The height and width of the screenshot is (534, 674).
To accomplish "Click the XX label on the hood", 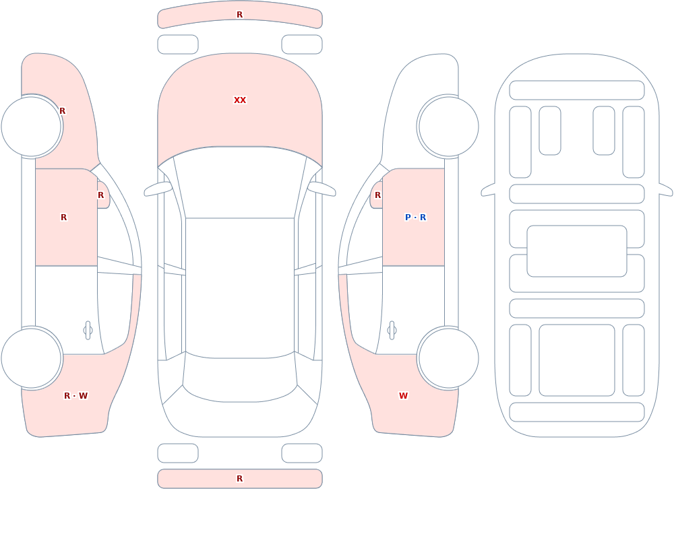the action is (240, 100).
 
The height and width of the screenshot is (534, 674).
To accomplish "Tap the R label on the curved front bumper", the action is (240, 15).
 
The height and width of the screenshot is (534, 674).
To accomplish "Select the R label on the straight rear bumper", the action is (240, 479).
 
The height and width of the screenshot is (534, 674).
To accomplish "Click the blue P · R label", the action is (416, 218).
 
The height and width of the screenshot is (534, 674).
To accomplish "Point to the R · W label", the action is (75, 396).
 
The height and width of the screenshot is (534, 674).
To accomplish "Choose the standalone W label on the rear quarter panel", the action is (403, 396).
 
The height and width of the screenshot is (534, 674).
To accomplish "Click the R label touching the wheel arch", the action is (62, 111).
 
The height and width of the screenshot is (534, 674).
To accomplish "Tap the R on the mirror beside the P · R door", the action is (378, 195).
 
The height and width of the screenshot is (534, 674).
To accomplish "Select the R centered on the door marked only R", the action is (63, 218).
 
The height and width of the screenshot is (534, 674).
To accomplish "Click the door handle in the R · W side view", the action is (88, 331).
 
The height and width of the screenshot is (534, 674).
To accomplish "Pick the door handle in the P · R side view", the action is (392, 331).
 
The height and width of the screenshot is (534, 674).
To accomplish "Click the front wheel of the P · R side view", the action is (448, 127).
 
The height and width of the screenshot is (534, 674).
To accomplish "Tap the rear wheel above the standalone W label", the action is (448, 358).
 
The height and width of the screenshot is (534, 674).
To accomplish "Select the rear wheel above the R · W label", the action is (32, 358).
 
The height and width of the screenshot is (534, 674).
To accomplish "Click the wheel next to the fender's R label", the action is (32, 127).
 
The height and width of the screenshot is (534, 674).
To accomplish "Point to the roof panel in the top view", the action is (240, 288).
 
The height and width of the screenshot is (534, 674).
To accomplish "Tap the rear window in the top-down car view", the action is (240, 378).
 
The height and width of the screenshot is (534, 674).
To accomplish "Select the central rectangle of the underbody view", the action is (577, 251).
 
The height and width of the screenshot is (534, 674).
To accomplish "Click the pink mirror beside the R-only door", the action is (104, 195).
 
